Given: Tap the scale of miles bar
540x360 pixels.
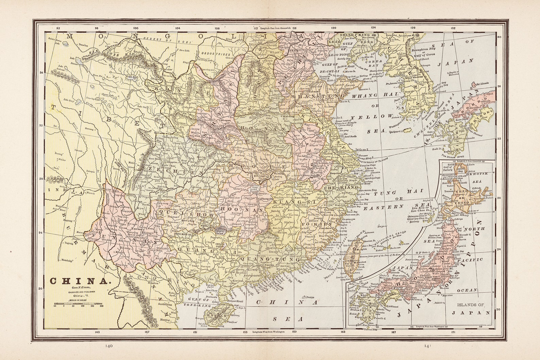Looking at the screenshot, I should pos(79,303).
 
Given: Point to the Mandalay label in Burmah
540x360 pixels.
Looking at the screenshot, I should pos(67,261).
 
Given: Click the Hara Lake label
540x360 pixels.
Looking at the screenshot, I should pos(184,51).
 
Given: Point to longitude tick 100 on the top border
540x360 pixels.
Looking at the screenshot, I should pos(136,28).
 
